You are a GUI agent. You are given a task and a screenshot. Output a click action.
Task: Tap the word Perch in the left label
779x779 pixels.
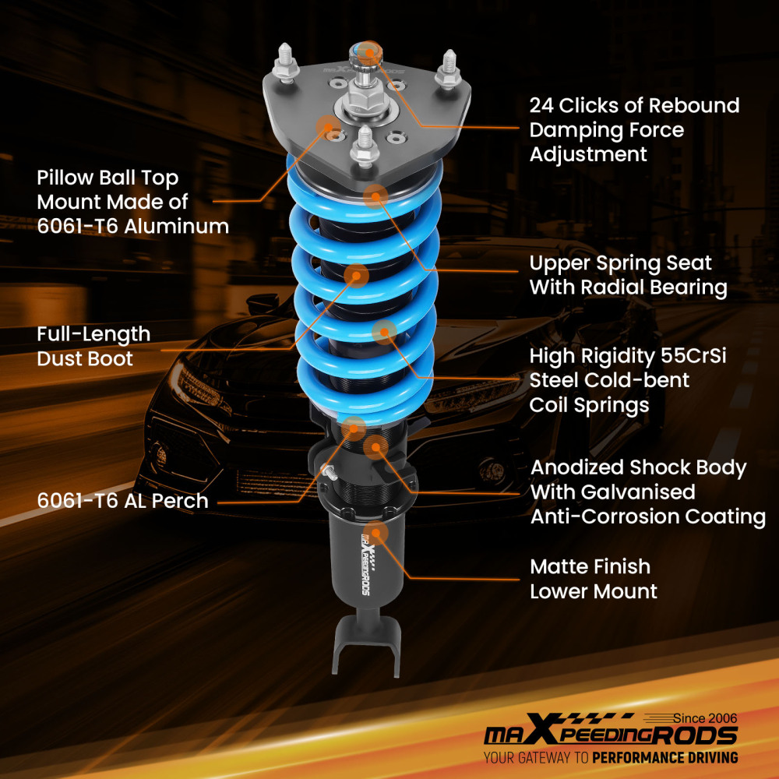point(181,500)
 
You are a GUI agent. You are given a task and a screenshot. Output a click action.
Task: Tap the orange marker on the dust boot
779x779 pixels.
point(356,274)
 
